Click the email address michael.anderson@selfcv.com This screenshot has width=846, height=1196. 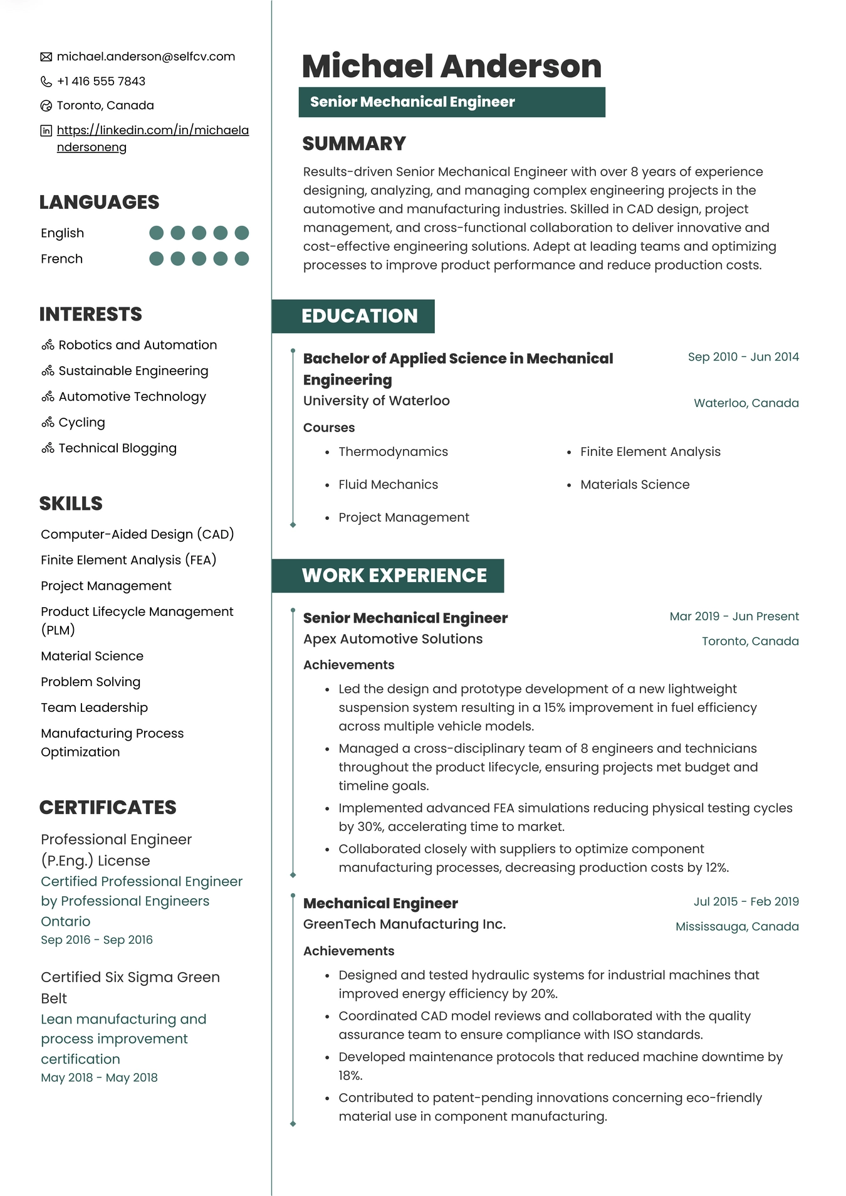tap(145, 56)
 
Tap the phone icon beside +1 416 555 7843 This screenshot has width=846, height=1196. tap(46, 82)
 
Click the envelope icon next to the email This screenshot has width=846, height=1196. tap(46, 57)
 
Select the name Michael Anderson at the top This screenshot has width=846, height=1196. tap(451, 66)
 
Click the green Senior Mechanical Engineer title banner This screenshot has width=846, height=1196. tap(451, 102)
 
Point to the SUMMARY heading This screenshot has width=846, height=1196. tap(354, 144)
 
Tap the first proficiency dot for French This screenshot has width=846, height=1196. tap(157, 258)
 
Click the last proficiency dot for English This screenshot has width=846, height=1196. tap(242, 233)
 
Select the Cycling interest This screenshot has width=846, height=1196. tap(81, 422)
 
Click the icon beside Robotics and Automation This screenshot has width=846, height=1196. tap(48, 345)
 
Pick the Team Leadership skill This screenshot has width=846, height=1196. tap(94, 707)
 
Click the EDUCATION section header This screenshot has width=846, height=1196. tap(359, 316)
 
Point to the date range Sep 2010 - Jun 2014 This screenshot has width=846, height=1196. tap(743, 357)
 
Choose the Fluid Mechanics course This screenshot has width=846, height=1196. tap(388, 484)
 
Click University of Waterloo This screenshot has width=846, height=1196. tap(376, 401)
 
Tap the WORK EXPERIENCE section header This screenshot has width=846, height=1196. tap(394, 576)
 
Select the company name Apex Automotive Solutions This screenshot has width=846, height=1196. tap(393, 639)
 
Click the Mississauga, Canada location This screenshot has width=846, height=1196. tap(737, 926)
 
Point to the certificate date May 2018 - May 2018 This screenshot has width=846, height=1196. tap(99, 1077)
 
